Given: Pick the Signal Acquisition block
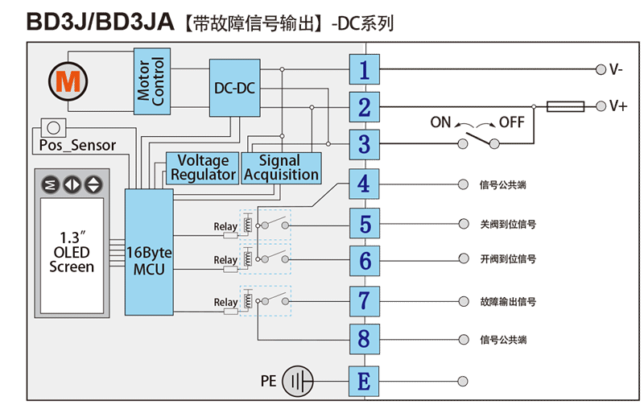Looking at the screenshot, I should pos(282,167).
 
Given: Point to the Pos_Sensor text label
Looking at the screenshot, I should pos(77,146).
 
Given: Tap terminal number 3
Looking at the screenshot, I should pos(364,145).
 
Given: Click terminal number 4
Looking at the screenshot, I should pos(364,184).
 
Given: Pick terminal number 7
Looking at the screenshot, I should pos(364,301).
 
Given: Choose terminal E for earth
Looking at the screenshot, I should pos(364,380).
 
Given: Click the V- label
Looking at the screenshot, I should pos(617,70).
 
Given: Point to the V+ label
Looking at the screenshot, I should pos(618,106).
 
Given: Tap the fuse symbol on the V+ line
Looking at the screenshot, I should pos(564,106).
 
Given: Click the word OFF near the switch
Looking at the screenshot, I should pos(512,123).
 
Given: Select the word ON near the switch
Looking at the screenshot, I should pos(440,123).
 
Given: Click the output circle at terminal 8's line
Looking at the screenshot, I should pos(462,339).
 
